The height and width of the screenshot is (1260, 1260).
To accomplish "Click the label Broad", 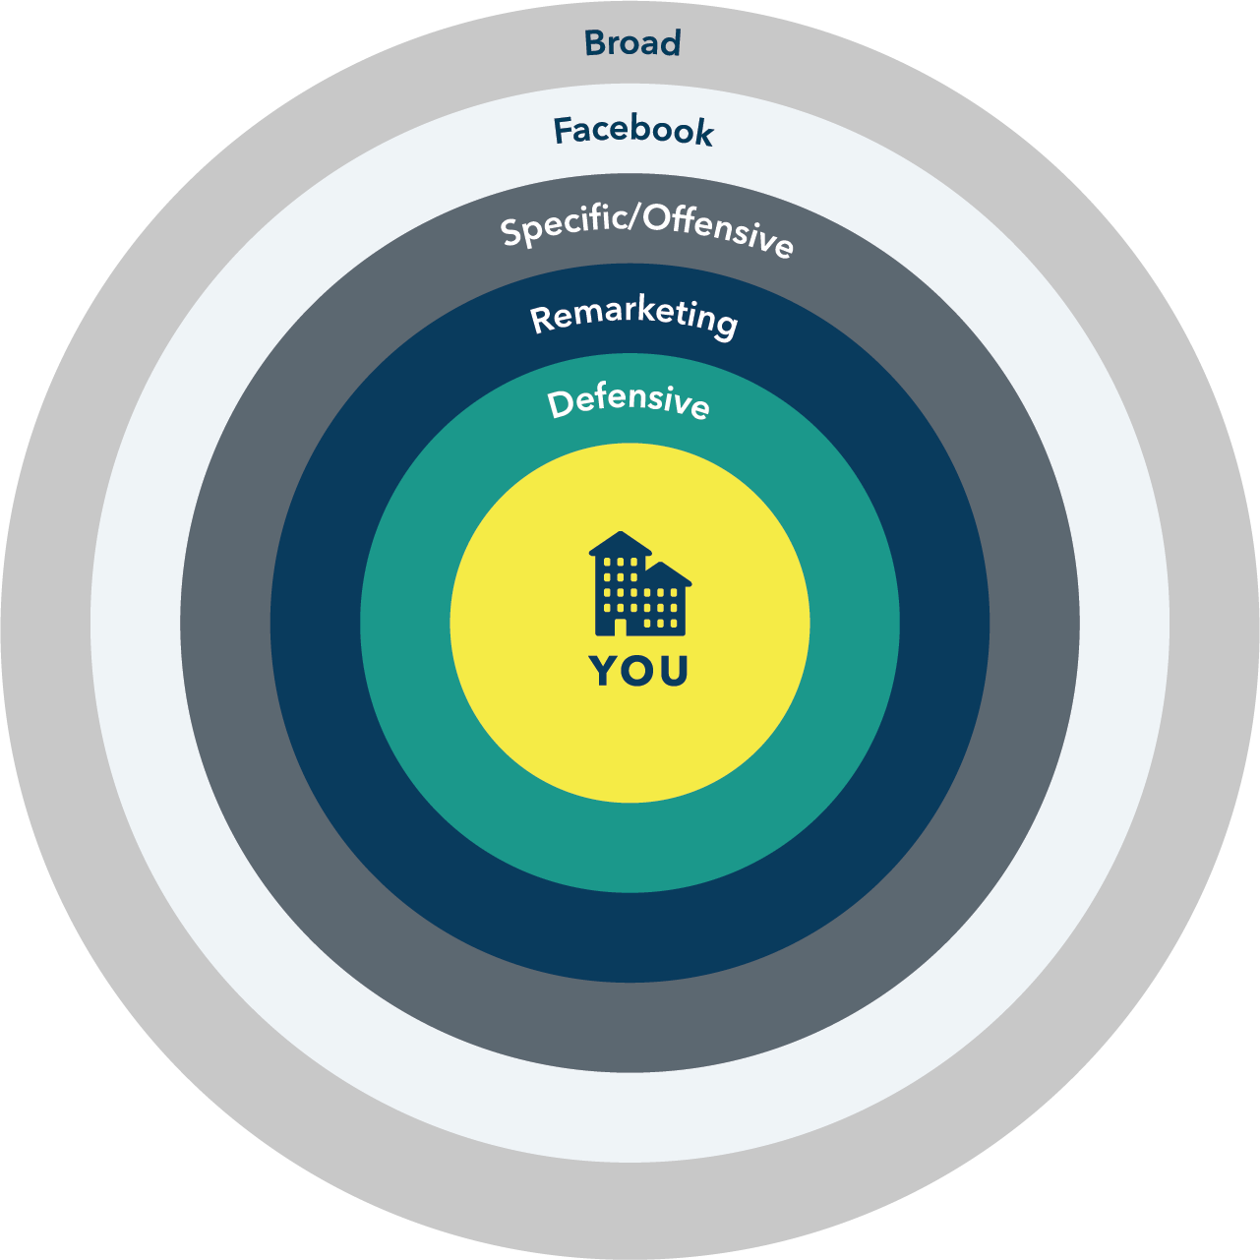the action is point(632,43).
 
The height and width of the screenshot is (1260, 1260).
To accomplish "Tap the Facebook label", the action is point(633,131).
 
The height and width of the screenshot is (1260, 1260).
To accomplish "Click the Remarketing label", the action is point(633,317).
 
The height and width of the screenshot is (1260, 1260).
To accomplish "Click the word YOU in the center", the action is point(638,671).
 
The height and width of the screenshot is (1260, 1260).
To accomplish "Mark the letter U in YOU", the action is point(672,671).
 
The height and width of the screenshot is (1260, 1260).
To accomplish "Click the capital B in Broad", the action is point(594,43).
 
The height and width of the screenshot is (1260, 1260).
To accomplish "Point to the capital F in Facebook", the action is point(564,130).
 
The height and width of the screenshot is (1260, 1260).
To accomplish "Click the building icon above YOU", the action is point(640,584).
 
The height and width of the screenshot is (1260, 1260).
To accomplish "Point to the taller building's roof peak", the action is point(620,537).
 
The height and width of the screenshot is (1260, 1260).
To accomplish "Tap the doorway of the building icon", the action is point(620,627).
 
